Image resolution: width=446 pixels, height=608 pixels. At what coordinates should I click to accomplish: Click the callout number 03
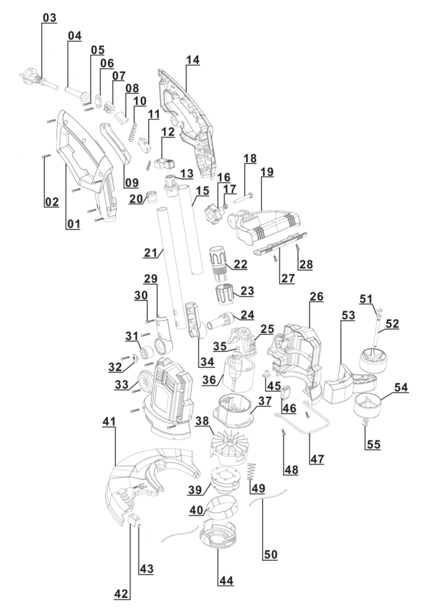click(x=49, y=18)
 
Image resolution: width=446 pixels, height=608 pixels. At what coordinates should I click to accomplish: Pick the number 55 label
click(x=372, y=444)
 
